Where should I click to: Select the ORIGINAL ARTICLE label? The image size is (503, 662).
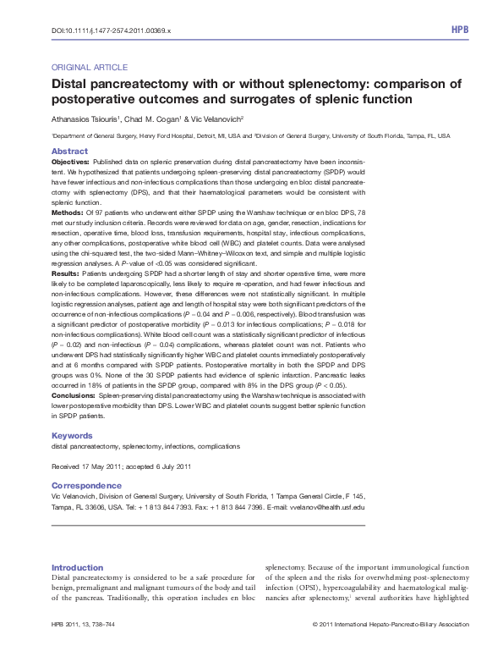coord(90,66)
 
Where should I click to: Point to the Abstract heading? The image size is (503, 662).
coord(69,151)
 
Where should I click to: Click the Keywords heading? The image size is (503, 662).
coord(71,436)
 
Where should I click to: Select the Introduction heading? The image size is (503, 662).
coord(77,566)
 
